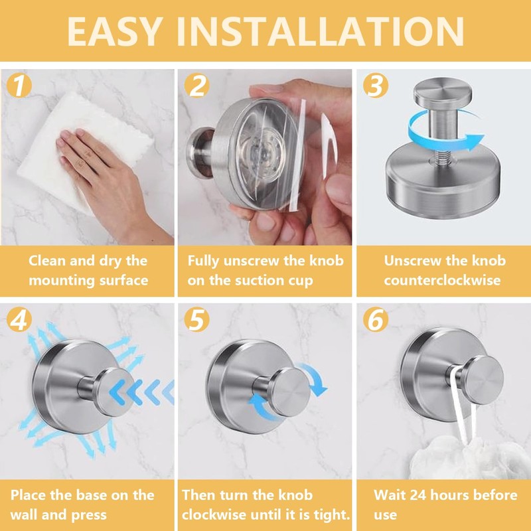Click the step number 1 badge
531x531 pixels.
pos(19,86)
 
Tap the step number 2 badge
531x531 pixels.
pos(196,86)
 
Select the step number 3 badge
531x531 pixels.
pos(376,86)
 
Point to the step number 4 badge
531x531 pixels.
pos(19,319)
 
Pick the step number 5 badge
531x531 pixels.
pos(196,319)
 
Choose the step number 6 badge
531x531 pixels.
pos(376,319)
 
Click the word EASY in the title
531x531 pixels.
pos(114,31)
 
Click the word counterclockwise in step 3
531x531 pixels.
pos(442,280)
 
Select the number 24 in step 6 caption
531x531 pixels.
pos(418,495)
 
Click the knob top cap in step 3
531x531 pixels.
pos(442,92)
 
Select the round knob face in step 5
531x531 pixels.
pos(291,392)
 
